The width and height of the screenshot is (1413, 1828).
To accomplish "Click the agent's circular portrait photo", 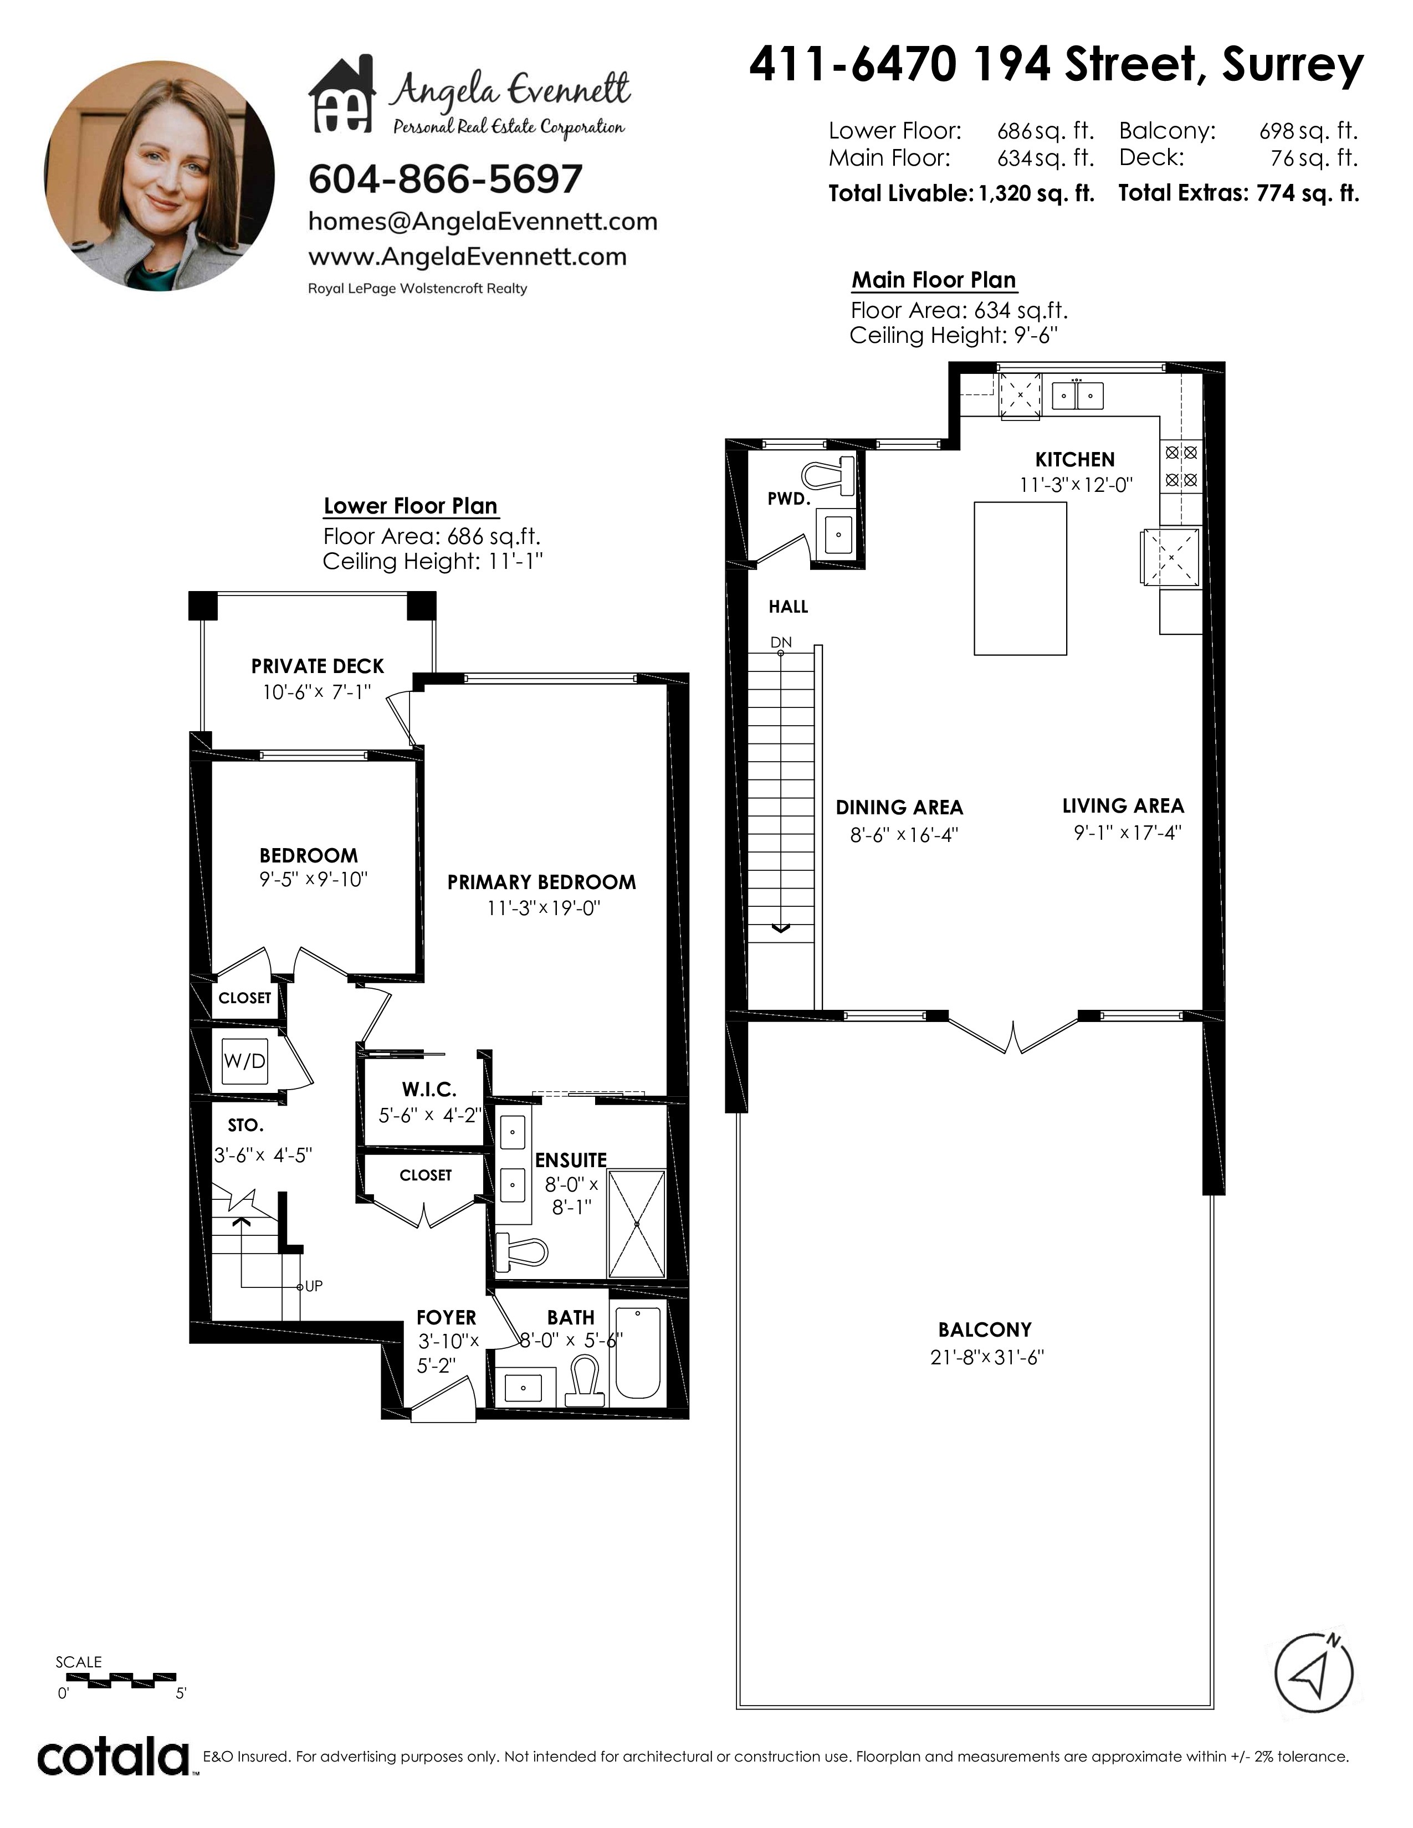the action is pos(159,176).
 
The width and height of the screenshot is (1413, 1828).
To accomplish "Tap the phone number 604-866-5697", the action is pos(446,179).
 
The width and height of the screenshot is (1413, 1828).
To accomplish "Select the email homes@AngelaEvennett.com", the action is pos(483,222).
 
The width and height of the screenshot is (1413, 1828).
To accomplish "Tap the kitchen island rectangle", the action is pos(1020,578).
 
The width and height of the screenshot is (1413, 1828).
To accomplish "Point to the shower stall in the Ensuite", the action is pos(636,1224).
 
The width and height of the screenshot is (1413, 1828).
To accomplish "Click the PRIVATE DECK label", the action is pos(318,666).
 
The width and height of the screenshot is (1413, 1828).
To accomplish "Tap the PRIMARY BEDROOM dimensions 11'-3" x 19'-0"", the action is pos(544,908).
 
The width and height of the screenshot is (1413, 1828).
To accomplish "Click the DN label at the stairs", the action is pos(781,643).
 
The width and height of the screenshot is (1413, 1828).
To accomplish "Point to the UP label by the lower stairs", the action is pos(313,1286).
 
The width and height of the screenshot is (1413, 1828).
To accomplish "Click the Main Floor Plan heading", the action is pos(934,280).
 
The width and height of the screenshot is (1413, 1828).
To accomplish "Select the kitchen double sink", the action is pos(1077,395).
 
